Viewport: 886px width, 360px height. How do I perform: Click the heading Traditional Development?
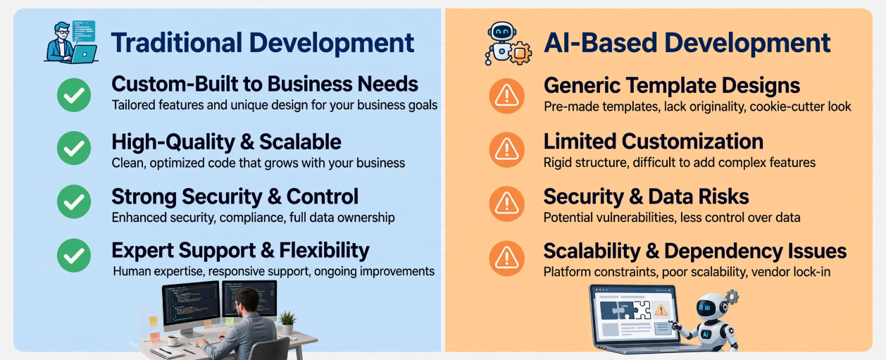[x=263, y=43]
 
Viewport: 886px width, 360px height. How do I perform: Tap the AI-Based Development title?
[x=687, y=43]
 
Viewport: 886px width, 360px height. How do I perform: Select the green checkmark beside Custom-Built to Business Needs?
[x=74, y=95]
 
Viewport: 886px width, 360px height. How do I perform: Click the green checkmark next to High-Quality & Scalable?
[x=74, y=149]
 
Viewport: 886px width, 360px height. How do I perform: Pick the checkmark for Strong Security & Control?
[x=74, y=201]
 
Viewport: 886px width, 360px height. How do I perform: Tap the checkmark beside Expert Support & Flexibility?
[x=74, y=256]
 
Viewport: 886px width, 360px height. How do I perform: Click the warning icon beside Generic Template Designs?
[x=506, y=96]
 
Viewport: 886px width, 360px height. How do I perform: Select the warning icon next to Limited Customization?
[x=506, y=149]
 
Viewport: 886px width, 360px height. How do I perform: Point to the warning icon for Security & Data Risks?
[x=506, y=204]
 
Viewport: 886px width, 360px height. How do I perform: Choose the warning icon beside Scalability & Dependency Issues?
[x=506, y=259]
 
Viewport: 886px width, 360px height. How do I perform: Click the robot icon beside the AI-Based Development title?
[x=508, y=43]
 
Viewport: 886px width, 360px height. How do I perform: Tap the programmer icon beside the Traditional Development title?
[x=71, y=42]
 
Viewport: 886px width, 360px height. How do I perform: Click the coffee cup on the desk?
[x=173, y=340]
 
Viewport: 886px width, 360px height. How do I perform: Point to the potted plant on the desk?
[x=287, y=322]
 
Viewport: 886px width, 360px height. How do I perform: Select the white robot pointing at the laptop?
[x=711, y=321]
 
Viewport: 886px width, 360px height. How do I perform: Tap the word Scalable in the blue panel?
[x=300, y=142]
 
